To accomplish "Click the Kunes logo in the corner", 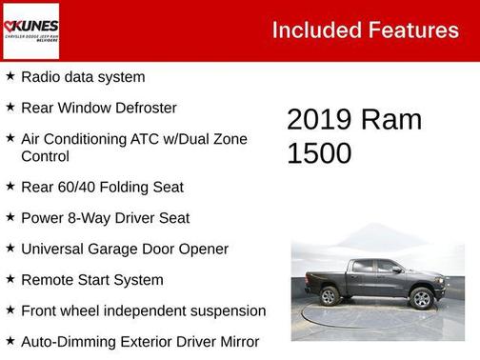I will (30, 30).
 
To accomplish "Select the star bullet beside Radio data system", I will (10, 76).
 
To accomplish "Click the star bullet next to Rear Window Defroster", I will (10, 107).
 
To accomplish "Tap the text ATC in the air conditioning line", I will (142, 139).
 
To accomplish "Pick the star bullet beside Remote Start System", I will (10, 279).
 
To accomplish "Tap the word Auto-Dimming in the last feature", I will (65, 341).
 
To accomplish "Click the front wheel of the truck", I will (421, 298).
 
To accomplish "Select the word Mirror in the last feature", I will (237, 341).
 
